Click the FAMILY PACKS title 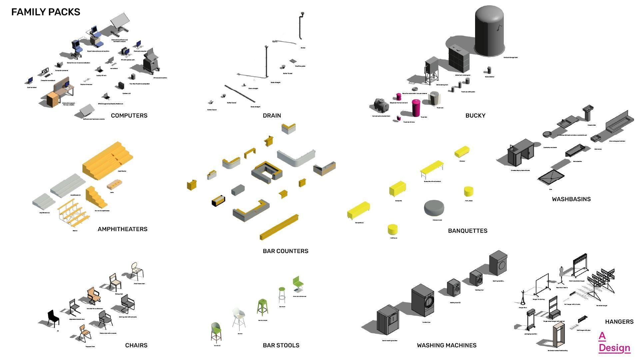tap(46, 12)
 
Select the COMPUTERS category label tap(129, 116)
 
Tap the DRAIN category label tap(272, 116)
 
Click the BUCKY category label tap(475, 116)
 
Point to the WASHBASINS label tap(571, 199)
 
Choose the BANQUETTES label tap(467, 231)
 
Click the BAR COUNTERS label tap(286, 251)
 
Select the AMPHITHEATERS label tap(123, 229)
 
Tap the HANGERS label tap(619, 322)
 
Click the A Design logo tap(614, 342)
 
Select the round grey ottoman tap(434, 208)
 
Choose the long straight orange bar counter tap(279, 227)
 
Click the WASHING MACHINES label tap(446, 345)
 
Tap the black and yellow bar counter tap(219, 201)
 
